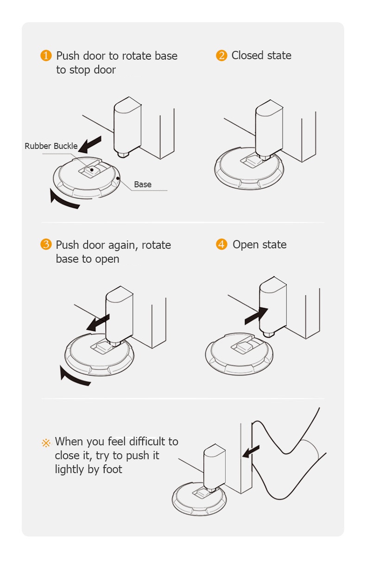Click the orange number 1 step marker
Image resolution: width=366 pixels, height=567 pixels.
(x=46, y=56)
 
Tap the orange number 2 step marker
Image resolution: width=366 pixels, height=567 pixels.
(x=221, y=56)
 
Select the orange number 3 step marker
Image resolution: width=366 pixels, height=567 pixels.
(x=45, y=245)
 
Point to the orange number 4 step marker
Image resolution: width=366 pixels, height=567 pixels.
(x=221, y=245)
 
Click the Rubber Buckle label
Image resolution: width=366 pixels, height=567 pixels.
(x=51, y=146)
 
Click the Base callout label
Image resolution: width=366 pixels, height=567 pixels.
(x=143, y=185)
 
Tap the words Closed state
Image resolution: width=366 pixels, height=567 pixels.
(x=261, y=55)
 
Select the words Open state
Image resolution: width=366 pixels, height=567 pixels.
(x=259, y=245)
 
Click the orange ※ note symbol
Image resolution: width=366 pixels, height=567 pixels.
(x=46, y=443)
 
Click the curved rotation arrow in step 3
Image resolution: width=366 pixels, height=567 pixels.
(x=74, y=376)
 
